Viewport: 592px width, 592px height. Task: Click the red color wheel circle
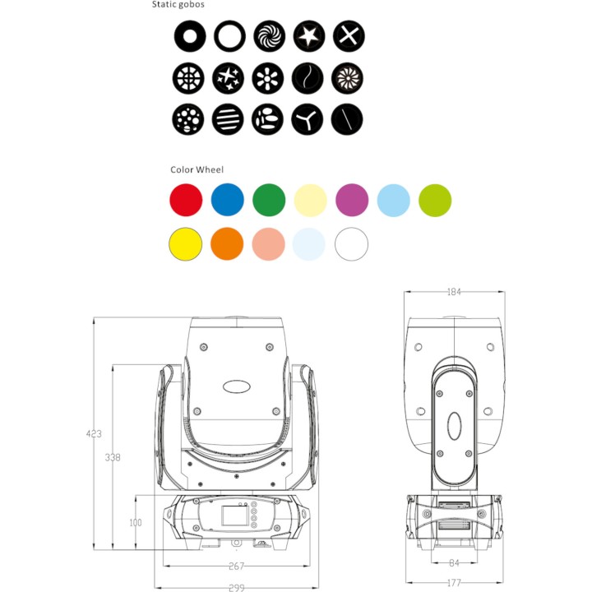click(185, 200)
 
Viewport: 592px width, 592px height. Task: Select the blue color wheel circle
click(228, 200)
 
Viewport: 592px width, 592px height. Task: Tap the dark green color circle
click(269, 200)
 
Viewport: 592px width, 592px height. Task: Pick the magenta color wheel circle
click(352, 200)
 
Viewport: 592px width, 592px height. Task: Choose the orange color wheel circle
click(227, 244)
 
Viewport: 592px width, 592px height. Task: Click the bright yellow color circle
click(185, 244)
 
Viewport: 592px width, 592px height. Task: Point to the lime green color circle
click(435, 200)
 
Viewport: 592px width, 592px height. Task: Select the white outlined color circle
click(352, 244)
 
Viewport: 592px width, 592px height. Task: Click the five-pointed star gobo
click(308, 36)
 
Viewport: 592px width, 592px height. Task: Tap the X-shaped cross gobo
click(348, 36)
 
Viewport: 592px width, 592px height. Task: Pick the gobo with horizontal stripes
click(229, 120)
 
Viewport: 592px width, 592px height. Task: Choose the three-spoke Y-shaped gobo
click(308, 120)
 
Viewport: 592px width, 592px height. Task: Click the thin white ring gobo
click(229, 36)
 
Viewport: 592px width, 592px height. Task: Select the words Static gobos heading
click(178, 5)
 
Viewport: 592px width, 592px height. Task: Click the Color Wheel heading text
click(197, 170)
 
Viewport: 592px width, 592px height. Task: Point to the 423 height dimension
click(95, 433)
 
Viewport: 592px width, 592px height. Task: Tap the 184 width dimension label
click(455, 292)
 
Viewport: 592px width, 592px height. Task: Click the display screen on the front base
click(233, 516)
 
